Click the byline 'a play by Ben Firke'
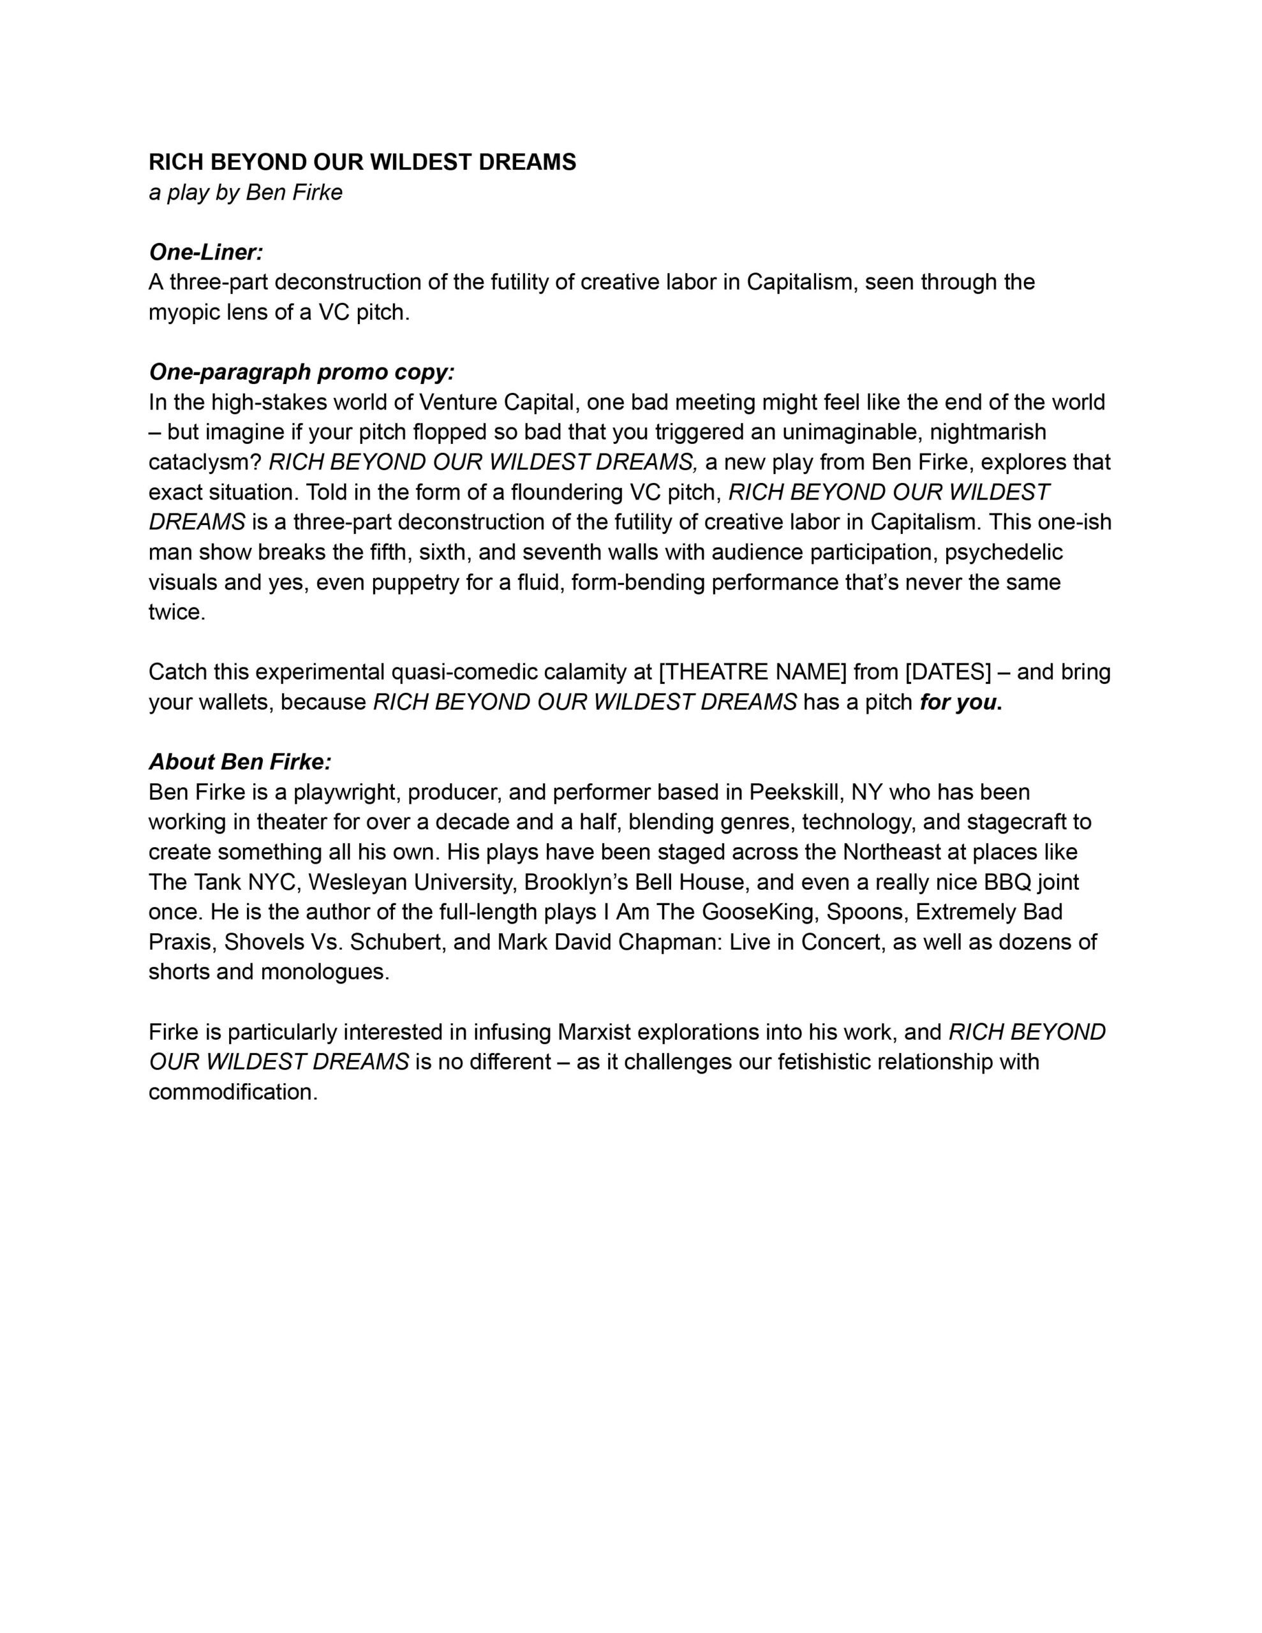click(x=246, y=192)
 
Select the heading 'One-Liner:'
click(x=205, y=252)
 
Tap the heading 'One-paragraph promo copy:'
click(x=302, y=372)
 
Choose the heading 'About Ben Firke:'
click(x=239, y=761)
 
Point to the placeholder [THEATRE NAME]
click(x=753, y=672)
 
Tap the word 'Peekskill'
click(x=796, y=792)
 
